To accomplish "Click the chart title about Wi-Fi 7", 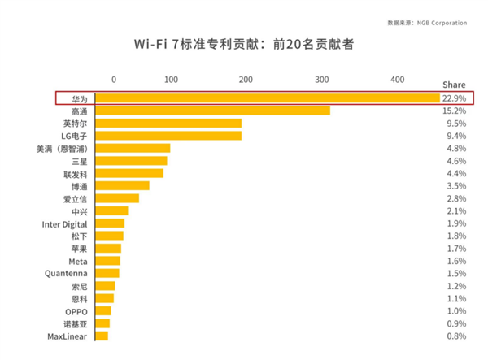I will pyautogui.click(x=244, y=43).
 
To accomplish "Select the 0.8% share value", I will pyautogui.click(x=455, y=336).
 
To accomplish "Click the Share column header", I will pyautogui.click(x=454, y=85).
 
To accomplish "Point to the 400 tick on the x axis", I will pyautogui.click(x=397, y=79).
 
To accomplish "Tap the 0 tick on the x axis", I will pyautogui.click(x=113, y=79).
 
